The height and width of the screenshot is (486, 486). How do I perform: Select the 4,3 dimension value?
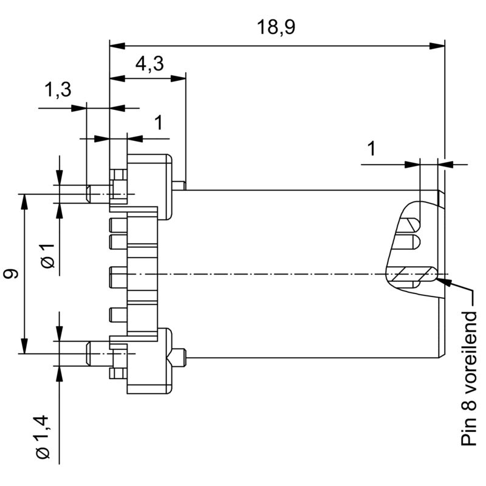[149, 64]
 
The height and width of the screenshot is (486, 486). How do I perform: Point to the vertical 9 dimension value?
[10, 274]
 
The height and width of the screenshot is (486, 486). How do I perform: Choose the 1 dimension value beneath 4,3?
[158, 123]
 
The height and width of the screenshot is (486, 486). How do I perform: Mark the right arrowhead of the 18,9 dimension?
[439, 46]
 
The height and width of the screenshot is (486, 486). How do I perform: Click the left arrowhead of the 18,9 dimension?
[116, 46]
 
